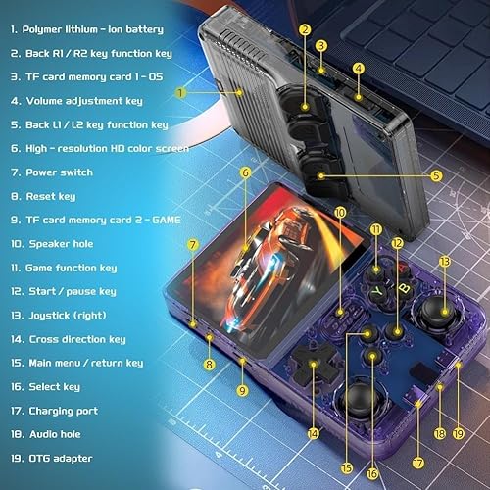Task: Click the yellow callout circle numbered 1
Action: tap(182, 91)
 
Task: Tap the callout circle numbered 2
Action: tap(306, 29)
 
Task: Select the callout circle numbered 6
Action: tap(245, 172)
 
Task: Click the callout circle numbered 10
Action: tap(339, 211)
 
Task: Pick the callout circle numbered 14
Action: tap(313, 431)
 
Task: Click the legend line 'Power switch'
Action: tap(59, 171)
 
